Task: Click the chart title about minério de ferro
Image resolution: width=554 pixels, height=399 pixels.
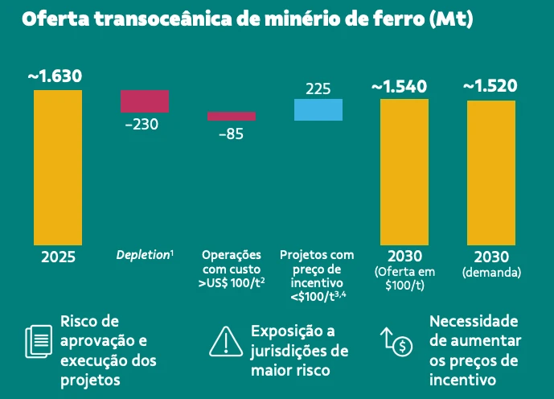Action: [x=247, y=19]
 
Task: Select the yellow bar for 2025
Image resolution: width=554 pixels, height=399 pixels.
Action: [x=58, y=167]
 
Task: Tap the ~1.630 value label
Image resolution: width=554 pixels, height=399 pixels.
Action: [x=55, y=76]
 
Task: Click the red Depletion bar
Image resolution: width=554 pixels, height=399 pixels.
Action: [x=145, y=101]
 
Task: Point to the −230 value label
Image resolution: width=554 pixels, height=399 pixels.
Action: [x=142, y=125]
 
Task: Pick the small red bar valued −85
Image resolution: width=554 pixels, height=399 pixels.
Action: [x=232, y=116]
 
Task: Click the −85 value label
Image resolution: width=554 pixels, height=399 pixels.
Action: [x=231, y=134]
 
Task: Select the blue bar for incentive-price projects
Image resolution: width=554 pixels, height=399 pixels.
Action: [x=318, y=109]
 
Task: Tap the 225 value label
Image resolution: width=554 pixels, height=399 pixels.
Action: [x=318, y=88]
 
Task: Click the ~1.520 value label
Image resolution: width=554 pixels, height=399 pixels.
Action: [x=490, y=86]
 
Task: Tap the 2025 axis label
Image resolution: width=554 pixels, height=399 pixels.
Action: [x=58, y=257]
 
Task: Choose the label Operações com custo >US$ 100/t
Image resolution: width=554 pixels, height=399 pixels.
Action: [x=232, y=269]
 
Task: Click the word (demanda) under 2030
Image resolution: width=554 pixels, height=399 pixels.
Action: [x=491, y=273]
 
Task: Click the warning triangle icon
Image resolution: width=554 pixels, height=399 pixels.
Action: [x=226, y=341]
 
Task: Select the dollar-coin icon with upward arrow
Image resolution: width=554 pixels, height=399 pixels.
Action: [x=396, y=341]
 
